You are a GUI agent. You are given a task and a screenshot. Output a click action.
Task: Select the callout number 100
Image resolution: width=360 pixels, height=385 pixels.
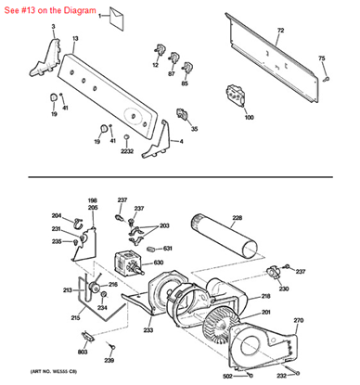coord(249,117)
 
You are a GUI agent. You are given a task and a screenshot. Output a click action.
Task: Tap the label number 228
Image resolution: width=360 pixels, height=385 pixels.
coord(237,218)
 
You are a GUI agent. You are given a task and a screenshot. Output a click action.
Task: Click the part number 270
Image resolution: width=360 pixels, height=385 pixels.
coord(298,320)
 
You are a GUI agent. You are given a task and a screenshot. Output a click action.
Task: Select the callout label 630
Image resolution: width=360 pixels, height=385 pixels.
coord(159,263)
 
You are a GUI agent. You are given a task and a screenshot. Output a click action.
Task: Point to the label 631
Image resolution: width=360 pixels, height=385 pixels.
coord(168,248)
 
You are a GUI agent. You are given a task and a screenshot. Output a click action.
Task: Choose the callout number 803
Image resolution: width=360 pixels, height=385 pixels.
coord(82,353)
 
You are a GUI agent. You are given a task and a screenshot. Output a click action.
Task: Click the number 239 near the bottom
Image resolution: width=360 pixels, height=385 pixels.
coord(109,360)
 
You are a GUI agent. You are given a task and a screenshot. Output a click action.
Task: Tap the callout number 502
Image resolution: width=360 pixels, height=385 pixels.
coord(227,375)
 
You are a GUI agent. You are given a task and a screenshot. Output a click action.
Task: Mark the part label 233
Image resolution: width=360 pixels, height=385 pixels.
coord(148,329)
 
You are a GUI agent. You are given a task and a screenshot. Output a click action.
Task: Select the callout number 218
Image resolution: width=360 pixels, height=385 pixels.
coord(265,296)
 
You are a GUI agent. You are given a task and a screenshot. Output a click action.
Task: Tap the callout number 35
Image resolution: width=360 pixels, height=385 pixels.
coord(194,129)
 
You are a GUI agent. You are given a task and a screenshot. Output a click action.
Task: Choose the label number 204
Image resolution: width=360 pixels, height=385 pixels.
coord(56,215)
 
